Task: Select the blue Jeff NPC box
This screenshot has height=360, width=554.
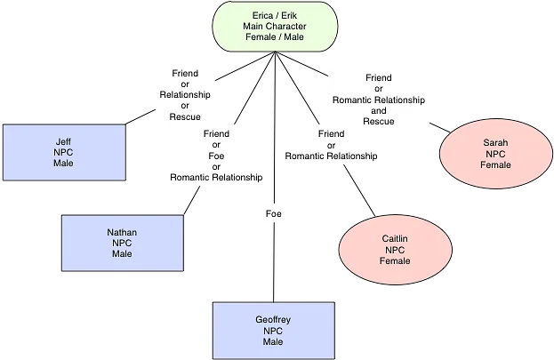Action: (x=63, y=152)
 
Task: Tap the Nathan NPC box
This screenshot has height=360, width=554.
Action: (x=122, y=243)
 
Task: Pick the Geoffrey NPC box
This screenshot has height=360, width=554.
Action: (x=272, y=331)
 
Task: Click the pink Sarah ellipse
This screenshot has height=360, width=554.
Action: (x=495, y=154)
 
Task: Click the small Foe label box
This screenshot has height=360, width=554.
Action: (x=274, y=214)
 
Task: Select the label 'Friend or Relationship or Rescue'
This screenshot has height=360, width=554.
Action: (x=185, y=94)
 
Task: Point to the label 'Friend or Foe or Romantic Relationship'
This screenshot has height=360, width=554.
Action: (x=216, y=156)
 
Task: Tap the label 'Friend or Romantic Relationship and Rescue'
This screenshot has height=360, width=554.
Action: (x=378, y=100)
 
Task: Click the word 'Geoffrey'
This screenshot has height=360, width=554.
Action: (x=272, y=320)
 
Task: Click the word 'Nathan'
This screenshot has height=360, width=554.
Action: (x=122, y=232)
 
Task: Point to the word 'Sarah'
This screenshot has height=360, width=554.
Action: (x=495, y=142)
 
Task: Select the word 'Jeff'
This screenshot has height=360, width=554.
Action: (x=63, y=140)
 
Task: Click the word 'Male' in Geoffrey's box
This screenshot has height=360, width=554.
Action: (x=272, y=342)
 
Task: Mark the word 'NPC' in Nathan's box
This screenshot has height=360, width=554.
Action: (x=122, y=243)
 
